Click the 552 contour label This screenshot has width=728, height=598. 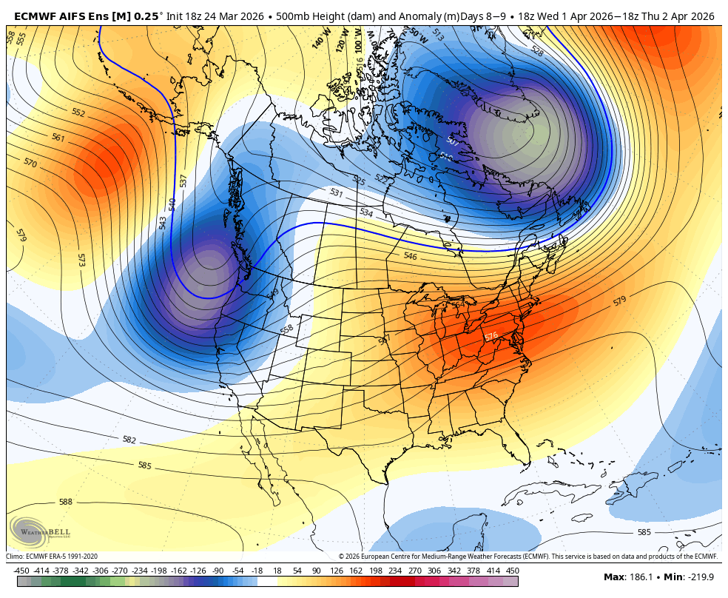click(x=78, y=113)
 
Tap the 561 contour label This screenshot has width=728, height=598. click(x=58, y=138)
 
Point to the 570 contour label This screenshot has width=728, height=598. click(x=30, y=162)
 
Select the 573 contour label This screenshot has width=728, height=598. click(x=81, y=260)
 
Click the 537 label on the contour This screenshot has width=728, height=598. click(x=183, y=180)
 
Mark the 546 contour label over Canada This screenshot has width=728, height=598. click(x=410, y=256)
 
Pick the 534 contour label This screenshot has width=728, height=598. click(x=366, y=212)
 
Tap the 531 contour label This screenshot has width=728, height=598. click(x=337, y=193)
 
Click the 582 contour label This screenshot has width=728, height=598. click(x=129, y=440)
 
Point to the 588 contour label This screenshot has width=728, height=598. click(x=66, y=502)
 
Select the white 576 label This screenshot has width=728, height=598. click(x=491, y=337)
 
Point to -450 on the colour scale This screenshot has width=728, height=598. click(x=21, y=571)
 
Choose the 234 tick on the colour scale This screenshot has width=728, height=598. click(x=394, y=571)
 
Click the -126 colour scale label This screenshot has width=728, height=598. click(x=198, y=571)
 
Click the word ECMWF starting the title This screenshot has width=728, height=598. click(x=33, y=16)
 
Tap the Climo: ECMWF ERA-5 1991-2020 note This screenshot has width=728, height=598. click(x=52, y=557)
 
